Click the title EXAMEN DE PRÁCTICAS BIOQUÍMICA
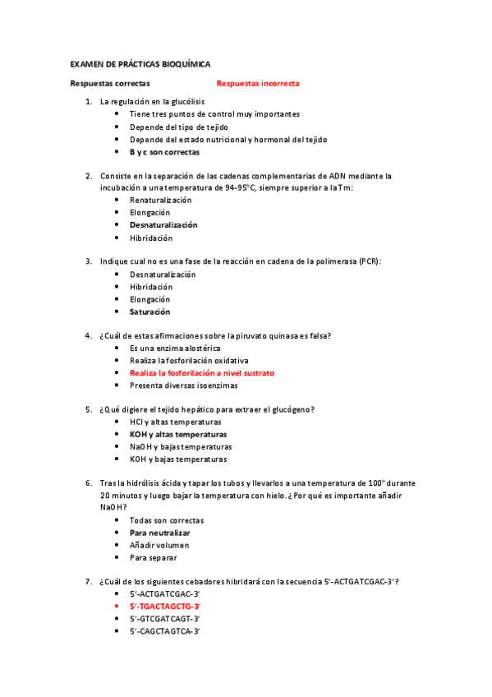click(x=140, y=63)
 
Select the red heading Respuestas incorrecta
click(x=258, y=84)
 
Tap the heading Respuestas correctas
click(x=110, y=84)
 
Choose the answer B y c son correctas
click(x=164, y=152)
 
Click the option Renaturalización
click(x=161, y=200)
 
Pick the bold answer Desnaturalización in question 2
click(x=163, y=224)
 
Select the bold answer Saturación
click(x=150, y=312)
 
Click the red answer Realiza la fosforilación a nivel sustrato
click(x=202, y=372)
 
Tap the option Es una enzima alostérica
click(x=175, y=348)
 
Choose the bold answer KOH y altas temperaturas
click(x=178, y=434)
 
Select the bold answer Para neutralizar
click(x=160, y=533)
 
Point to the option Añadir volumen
click(x=159, y=545)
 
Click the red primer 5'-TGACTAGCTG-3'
click(x=165, y=606)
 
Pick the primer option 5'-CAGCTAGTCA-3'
click(x=165, y=630)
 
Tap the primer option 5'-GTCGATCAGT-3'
click(x=165, y=618)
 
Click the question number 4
click(x=89, y=335)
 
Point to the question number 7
click(x=89, y=581)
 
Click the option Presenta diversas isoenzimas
click(x=184, y=385)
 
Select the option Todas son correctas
click(x=167, y=520)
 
